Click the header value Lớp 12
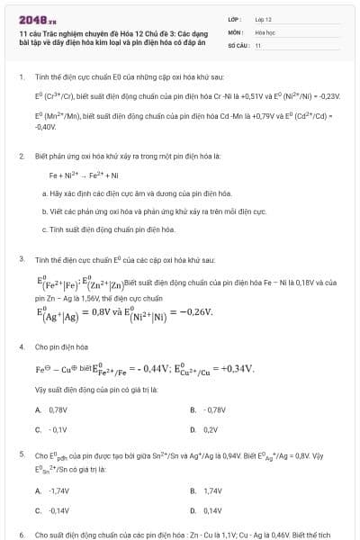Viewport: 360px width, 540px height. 264,19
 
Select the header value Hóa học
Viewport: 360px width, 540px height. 265,31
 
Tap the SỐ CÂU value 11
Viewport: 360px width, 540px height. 258,44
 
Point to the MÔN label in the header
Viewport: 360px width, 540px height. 235,31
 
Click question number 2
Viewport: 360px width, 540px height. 22,156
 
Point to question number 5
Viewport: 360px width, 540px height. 22,454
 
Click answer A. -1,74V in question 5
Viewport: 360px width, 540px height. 52,490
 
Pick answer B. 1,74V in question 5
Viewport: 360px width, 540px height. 206,490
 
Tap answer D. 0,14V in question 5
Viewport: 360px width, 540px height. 206,510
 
